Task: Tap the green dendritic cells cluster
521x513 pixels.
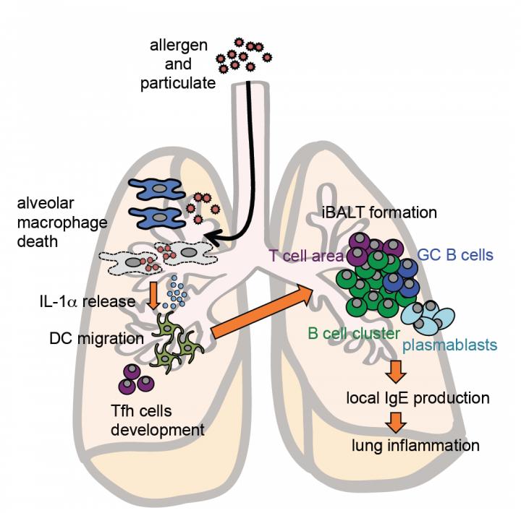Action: (178, 346)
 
